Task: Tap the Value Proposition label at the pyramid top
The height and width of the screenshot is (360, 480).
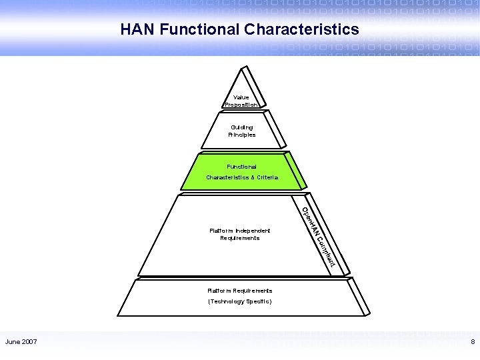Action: click(241, 101)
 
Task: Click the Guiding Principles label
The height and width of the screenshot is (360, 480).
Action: click(241, 131)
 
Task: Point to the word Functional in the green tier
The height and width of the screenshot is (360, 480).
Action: click(241, 166)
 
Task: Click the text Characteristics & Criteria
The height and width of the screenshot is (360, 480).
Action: click(242, 177)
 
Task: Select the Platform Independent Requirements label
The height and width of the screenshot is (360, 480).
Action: click(240, 234)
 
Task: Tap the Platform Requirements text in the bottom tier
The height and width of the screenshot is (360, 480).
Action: click(240, 291)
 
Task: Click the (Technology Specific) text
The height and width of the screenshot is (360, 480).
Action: click(240, 301)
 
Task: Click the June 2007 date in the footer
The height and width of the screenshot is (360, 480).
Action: click(21, 342)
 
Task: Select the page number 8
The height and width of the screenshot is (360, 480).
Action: click(472, 342)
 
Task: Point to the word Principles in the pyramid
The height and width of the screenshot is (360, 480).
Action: click(241, 135)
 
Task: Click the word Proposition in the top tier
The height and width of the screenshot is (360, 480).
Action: click(241, 105)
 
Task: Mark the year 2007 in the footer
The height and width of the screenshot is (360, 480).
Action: click(29, 342)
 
